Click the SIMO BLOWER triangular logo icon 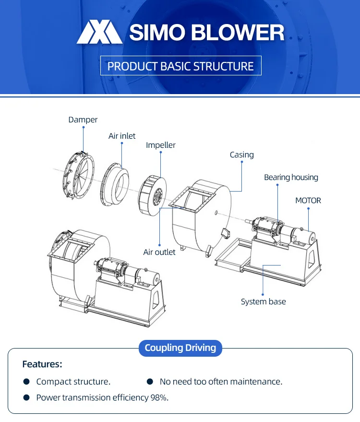100,33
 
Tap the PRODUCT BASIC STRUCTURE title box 180,66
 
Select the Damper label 83,120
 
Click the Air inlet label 122,136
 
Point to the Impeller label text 161,145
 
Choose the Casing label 241,155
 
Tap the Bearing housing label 291,177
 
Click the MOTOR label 308,200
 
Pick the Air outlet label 159,252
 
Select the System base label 263,301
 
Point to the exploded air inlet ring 115,184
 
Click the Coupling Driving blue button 180,348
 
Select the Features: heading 42,364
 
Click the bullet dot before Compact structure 26,382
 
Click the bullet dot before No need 150,382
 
